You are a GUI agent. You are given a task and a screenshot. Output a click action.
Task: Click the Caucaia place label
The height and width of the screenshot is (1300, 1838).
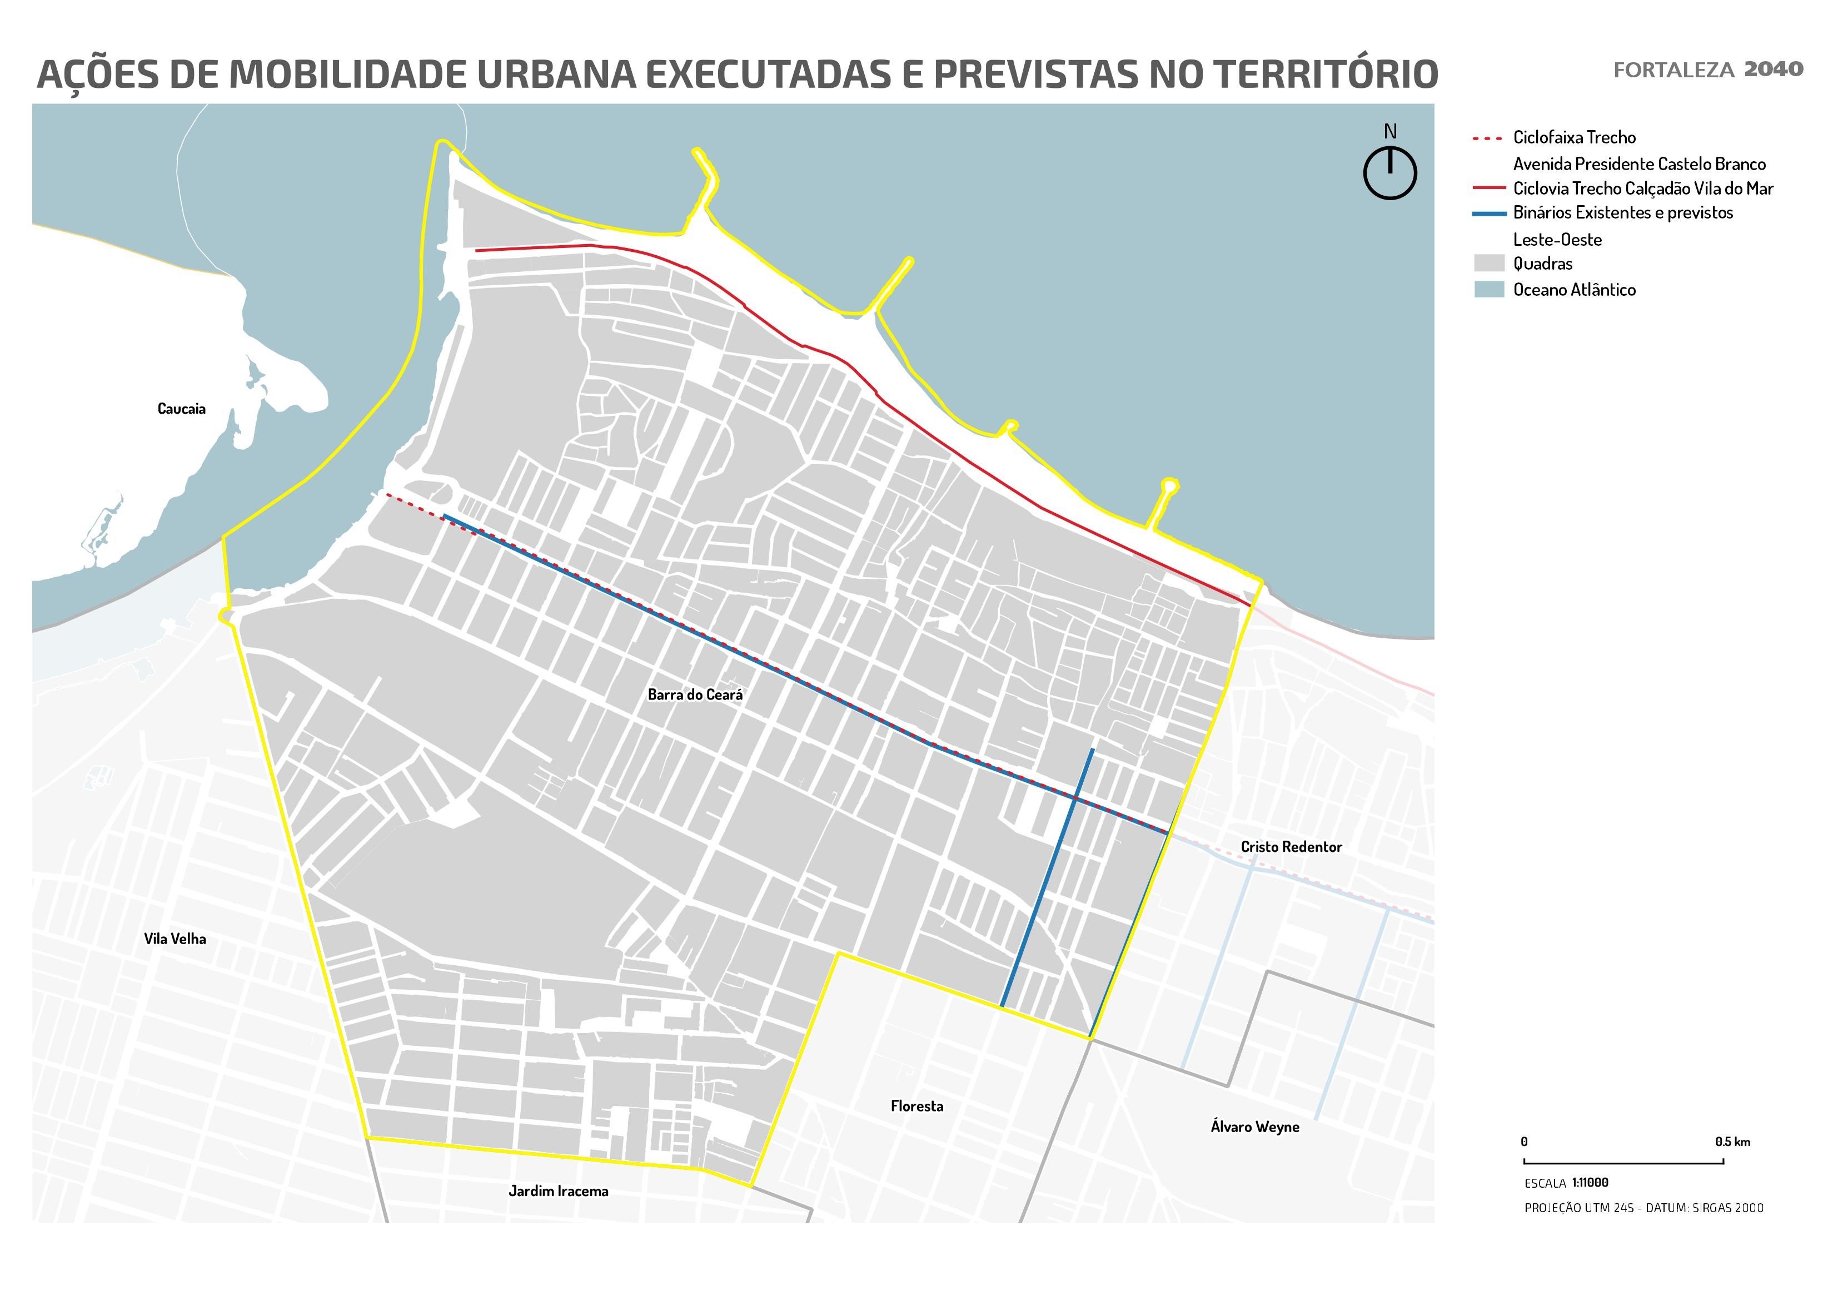click(x=181, y=409)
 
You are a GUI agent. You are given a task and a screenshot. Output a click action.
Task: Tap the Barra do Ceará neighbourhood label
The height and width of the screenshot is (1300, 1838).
click(x=695, y=695)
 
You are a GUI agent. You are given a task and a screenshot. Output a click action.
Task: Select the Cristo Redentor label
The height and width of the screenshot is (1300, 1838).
click(x=1291, y=847)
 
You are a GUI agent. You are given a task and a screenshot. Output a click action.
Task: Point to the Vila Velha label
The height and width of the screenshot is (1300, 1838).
click(x=175, y=939)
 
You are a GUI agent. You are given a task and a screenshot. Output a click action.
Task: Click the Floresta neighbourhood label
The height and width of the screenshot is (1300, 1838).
click(x=916, y=1106)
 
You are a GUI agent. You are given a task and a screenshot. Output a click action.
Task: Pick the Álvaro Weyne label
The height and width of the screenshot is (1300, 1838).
click(x=1254, y=1127)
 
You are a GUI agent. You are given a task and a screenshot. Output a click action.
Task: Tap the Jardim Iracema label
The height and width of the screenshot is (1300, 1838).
click(x=558, y=1191)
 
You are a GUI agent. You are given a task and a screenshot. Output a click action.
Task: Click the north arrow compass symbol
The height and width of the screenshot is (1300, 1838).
click(x=1389, y=172)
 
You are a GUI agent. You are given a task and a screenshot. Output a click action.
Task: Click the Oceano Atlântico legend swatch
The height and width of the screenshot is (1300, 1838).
click(x=1489, y=289)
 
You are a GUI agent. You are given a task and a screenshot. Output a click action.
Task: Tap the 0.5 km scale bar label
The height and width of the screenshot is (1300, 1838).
click(x=1732, y=1142)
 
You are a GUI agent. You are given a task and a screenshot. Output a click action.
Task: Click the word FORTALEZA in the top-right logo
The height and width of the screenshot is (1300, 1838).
click(x=1673, y=71)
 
